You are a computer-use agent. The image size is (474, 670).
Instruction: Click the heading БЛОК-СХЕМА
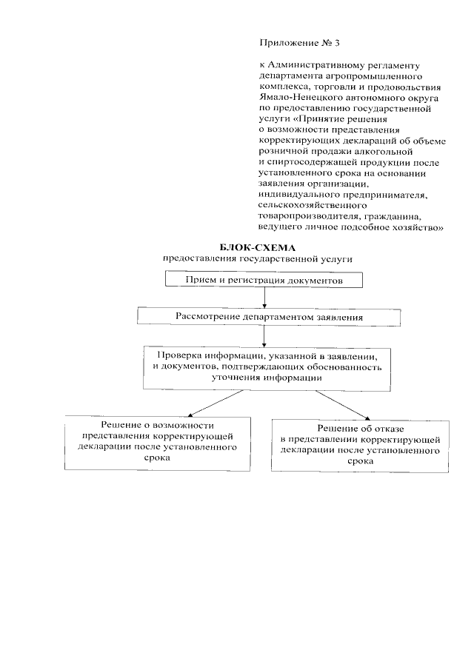pos(251,248)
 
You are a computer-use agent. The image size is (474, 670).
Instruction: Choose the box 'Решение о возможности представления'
pos(147,442)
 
